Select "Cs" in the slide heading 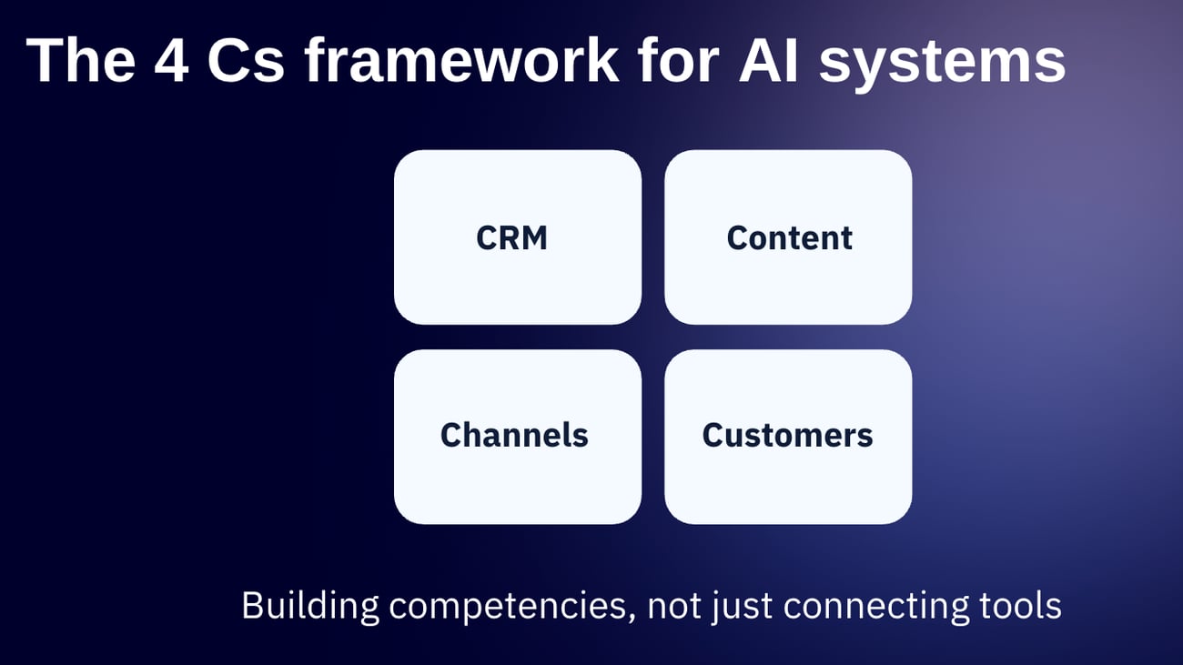pos(244,62)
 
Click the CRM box pos(517,237)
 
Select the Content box pos(788,237)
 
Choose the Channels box pos(517,437)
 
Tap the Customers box pos(788,437)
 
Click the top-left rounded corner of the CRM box pos(403,159)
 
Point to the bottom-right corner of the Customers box pos(903,515)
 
